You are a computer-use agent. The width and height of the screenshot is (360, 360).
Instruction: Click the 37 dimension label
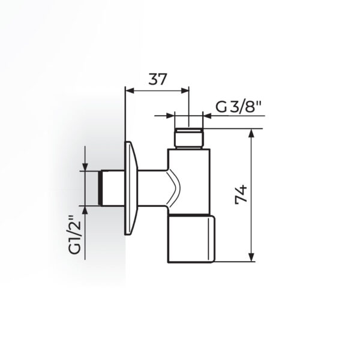pyautogui.click(x=157, y=79)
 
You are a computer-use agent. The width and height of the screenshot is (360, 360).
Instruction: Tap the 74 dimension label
pyautogui.click(x=241, y=194)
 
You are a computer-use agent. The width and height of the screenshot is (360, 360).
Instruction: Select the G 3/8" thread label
pyautogui.click(x=239, y=107)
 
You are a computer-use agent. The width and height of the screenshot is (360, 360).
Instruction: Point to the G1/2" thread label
pyautogui.click(x=75, y=235)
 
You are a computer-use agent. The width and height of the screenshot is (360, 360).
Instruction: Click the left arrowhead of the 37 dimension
pyautogui.click(x=130, y=91)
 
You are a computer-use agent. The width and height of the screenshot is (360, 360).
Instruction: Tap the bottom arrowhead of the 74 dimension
pyautogui.click(x=252, y=257)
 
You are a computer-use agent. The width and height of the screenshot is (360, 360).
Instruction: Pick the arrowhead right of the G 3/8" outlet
pyautogui.click(x=208, y=115)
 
